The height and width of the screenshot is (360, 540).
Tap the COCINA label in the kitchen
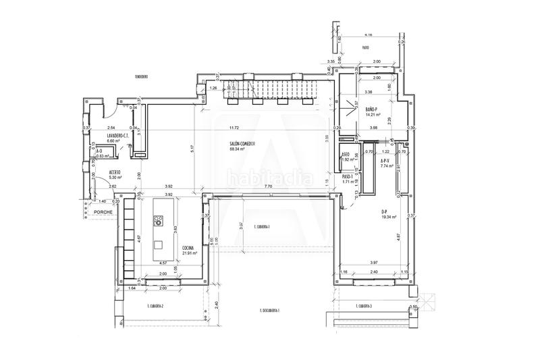point(188,248)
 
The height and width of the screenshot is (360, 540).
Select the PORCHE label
point(103,211)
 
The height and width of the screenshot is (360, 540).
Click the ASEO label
point(344,154)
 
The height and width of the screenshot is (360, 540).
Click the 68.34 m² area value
point(236,150)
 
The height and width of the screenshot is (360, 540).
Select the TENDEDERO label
point(141,77)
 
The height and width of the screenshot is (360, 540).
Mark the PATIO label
point(365,48)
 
